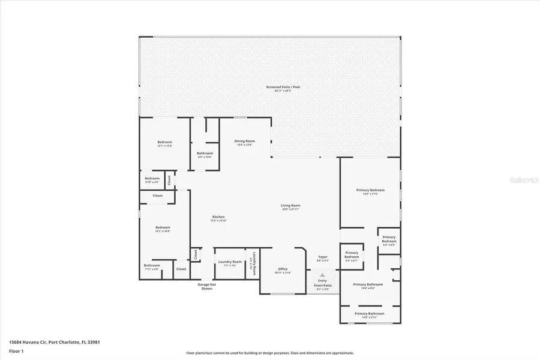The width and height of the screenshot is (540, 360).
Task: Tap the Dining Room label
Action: coord(244,142)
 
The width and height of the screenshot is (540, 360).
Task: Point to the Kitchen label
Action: coord(218,218)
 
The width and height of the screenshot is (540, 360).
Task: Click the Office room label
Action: coord(283,270)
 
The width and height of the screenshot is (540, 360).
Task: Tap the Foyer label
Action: coord(323,258)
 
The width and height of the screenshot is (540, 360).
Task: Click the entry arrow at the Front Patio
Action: coord(323,275)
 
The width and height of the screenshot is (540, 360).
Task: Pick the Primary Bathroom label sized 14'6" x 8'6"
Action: coord(368,286)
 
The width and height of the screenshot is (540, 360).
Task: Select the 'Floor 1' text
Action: coord(16,350)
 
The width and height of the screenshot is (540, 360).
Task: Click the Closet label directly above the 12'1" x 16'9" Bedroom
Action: coord(157,196)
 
